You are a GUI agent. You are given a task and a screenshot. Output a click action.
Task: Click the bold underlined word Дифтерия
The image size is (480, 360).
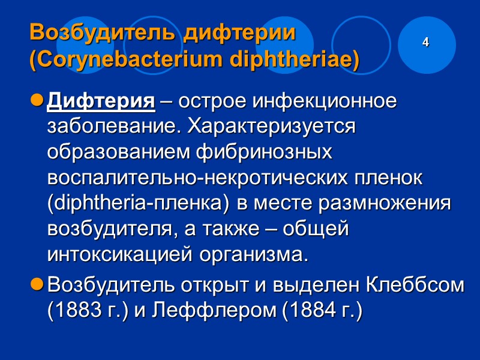pos(101,101)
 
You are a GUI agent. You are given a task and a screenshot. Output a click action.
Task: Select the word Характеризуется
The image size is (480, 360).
pos(272,127)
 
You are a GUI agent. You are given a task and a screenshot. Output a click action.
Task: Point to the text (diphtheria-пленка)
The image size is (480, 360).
pos(138,204)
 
